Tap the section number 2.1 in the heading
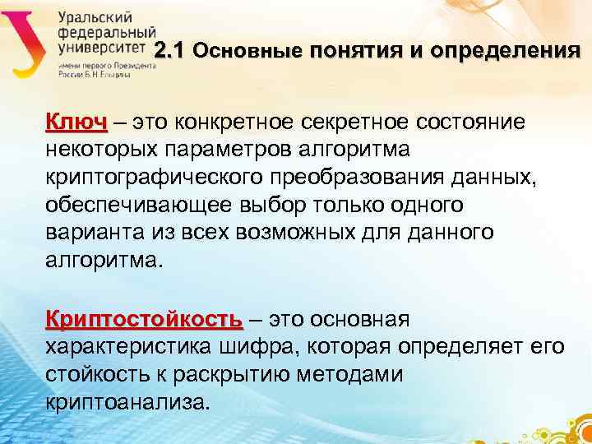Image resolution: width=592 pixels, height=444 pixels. click(x=172, y=51)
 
